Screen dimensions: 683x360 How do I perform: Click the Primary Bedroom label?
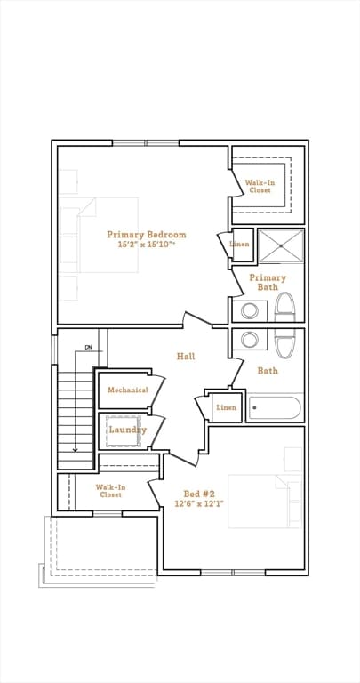147,235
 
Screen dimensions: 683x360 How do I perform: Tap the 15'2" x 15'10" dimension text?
147,245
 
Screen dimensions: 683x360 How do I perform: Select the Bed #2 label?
197,494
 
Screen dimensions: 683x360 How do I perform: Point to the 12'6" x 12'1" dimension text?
197,504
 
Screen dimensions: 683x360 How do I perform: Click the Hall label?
186,357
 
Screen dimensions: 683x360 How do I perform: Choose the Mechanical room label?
127,390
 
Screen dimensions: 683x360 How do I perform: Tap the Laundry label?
127,430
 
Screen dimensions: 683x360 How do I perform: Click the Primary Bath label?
268,283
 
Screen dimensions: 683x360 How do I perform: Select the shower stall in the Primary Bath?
281,245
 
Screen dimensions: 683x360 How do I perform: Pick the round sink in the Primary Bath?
251,311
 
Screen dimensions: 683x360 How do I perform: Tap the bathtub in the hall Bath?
275,408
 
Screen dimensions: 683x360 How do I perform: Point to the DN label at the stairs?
89,347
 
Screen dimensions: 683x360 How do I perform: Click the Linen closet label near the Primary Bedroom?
240,244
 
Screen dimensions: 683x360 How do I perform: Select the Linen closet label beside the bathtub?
226,407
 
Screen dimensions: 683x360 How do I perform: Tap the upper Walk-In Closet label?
260,186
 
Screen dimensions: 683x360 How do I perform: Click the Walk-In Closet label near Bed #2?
110,491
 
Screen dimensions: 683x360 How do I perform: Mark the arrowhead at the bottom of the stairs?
76,450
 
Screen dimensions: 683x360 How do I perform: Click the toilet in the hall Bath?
284,344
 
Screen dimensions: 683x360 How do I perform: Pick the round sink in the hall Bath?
251,341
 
